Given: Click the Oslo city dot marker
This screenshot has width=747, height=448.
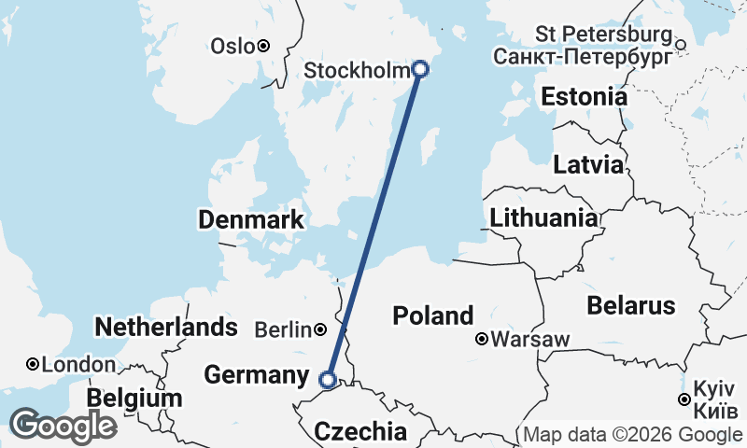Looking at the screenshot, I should [264, 46].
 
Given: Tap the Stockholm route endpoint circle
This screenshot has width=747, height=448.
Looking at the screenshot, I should [420, 68].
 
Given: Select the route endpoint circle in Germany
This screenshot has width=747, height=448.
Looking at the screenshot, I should [328, 379].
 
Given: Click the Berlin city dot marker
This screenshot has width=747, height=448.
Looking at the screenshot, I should [320, 329].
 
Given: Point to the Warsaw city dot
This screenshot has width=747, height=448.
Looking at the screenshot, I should [482, 340].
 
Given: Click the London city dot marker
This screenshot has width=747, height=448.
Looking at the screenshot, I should [33, 364].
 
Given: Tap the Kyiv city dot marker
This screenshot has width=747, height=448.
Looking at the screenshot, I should [684, 399].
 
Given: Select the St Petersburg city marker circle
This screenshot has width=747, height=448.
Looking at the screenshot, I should [681, 44].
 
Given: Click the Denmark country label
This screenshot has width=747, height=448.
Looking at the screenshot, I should [251, 220].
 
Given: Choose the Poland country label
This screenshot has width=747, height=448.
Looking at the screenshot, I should [433, 315].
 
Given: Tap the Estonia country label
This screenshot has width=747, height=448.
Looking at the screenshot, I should [585, 96].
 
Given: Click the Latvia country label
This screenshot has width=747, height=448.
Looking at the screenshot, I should [588, 165].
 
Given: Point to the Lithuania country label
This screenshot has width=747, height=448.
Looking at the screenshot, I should [544, 218].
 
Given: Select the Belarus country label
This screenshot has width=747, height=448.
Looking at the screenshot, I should [630, 305].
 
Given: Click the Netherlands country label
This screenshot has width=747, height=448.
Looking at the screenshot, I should [166, 327].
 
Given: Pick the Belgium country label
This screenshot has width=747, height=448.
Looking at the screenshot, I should [134, 399].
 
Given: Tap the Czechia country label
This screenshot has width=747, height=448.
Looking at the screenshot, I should [360, 432].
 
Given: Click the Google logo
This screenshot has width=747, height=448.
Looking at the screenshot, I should [62, 426].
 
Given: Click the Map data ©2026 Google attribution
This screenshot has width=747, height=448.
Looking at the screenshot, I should [632, 435].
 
